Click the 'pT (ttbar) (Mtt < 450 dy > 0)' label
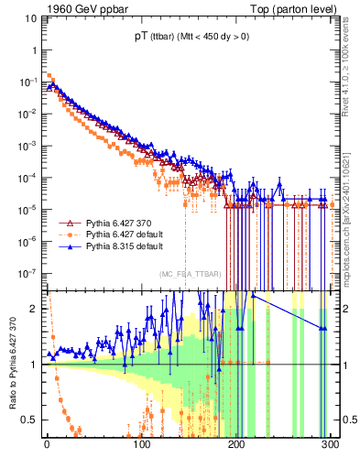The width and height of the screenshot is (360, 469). click(x=190, y=38)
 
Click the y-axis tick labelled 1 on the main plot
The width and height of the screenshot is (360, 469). click(x=33, y=49)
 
